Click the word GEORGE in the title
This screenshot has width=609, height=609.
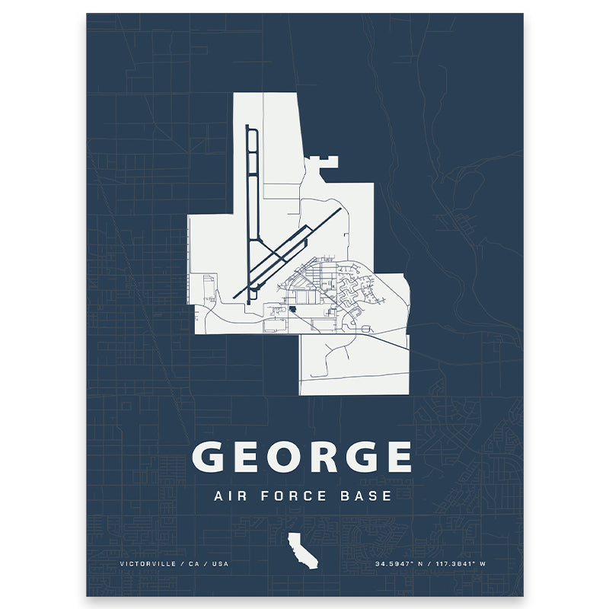(301, 457)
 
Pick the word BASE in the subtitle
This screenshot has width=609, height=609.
(365, 496)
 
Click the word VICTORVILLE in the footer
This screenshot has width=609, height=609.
(146, 564)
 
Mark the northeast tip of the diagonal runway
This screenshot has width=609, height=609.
(339, 209)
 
